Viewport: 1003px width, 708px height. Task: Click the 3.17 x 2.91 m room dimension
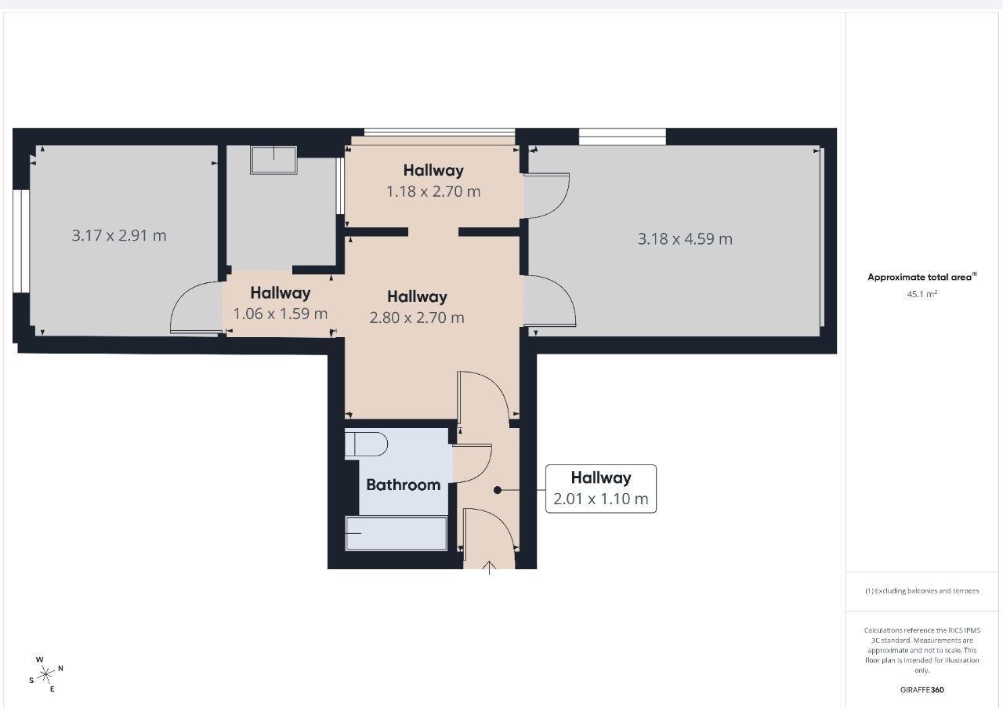[119, 235]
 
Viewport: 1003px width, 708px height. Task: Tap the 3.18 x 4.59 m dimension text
[685, 239]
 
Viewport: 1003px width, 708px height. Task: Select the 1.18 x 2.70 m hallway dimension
[433, 191]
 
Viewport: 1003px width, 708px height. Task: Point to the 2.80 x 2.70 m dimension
[417, 318]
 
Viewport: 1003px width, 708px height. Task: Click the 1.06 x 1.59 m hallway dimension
[281, 314]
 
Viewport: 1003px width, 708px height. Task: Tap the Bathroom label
[404, 485]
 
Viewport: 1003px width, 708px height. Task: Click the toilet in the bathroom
[367, 445]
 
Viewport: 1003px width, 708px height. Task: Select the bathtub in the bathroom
[396, 534]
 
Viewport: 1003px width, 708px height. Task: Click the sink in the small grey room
[273, 159]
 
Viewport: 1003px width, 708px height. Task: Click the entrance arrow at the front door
[490, 568]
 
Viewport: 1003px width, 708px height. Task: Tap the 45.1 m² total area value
[922, 295]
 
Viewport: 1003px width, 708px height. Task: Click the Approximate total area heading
[922, 277]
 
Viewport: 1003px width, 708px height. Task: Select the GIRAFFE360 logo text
[922, 690]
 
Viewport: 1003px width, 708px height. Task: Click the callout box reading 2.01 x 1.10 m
[601, 488]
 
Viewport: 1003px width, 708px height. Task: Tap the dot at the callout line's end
[498, 490]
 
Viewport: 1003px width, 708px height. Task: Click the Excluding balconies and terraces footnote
[922, 591]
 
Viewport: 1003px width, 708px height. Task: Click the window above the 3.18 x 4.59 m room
[622, 136]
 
